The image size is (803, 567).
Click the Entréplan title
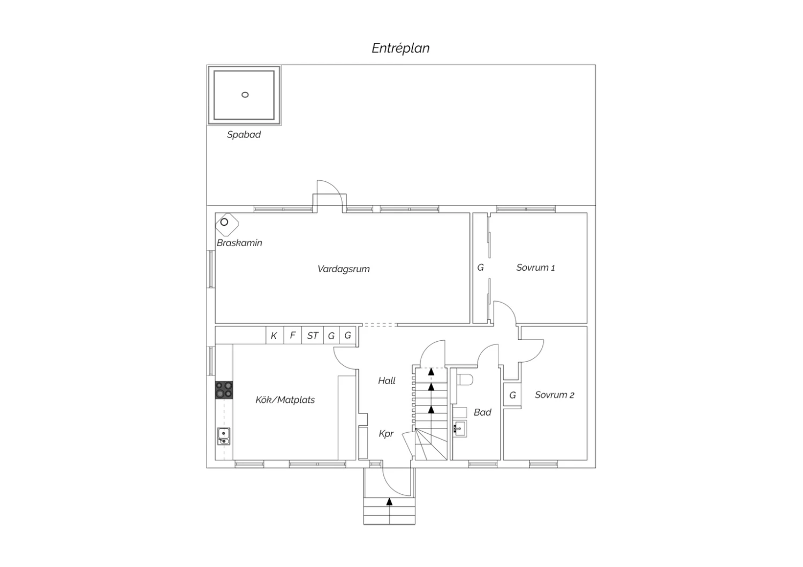click(x=400, y=48)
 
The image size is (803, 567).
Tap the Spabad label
click(x=244, y=135)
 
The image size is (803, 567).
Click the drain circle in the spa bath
click(x=245, y=95)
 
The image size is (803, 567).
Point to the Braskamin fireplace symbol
click(x=227, y=225)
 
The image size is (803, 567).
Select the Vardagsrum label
click(x=344, y=269)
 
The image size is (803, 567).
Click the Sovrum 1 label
click(x=535, y=267)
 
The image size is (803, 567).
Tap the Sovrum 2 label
click(x=555, y=395)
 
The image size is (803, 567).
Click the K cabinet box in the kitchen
click(x=275, y=335)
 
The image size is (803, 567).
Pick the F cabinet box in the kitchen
click(x=293, y=335)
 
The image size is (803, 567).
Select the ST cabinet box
click(x=313, y=335)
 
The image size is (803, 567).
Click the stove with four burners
click(x=224, y=390)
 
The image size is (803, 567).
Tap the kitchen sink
click(x=224, y=436)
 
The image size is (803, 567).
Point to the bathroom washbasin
click(x=459, y=428)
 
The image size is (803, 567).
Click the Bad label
click(x=482, y=412)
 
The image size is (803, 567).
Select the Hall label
click(x=387, y=380)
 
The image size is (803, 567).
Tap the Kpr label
click(x=386, y=434)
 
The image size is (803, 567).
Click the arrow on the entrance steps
click(x=389, y=502)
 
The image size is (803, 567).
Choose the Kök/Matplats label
click(x=285, y=400)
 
